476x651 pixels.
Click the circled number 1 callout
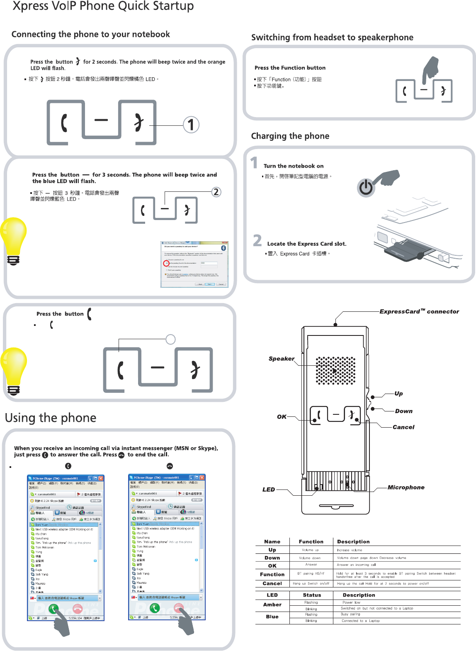point(191,125)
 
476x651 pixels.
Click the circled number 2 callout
point(216,192)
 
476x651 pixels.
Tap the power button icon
point(366,188)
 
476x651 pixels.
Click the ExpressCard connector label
point(419,311)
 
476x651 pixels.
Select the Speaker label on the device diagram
point(281,359)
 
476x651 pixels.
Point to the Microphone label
point(406,487)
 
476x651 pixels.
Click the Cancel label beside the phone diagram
point(403,427)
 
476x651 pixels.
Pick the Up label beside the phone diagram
point(398,394)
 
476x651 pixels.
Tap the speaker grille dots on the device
point(335,370)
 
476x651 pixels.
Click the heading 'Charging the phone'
point(290,136)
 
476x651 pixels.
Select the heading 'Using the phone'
point(51,418)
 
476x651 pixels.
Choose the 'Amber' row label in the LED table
point(272,605)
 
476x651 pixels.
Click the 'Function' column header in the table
point(311,542)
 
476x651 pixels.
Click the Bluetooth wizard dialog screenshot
point(194,264)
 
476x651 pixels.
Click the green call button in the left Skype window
point(53,609)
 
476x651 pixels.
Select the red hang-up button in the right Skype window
point(179,608)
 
